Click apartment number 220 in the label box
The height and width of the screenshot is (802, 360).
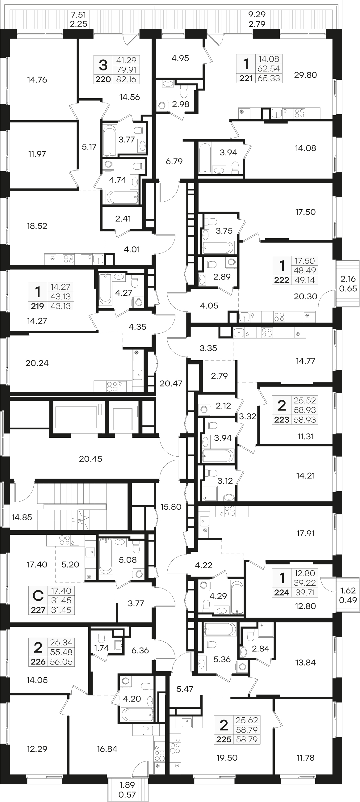[103, 79]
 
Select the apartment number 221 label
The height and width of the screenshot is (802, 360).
[246, 78]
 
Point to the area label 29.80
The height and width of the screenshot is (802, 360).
[306, 75]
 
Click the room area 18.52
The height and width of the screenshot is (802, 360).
[37, 226]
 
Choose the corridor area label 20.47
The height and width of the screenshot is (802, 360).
[171, 383]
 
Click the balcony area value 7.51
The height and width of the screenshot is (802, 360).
[78, 15]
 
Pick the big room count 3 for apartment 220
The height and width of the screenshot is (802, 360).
[103, 65]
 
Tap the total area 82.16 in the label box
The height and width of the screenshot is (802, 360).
[126, 79]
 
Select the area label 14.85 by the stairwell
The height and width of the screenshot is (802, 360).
[22, 517]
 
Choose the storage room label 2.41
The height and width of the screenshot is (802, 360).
[123, 218]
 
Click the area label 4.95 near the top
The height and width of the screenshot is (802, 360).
[180, 58]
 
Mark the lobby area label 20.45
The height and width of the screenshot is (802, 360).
[90, 458]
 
